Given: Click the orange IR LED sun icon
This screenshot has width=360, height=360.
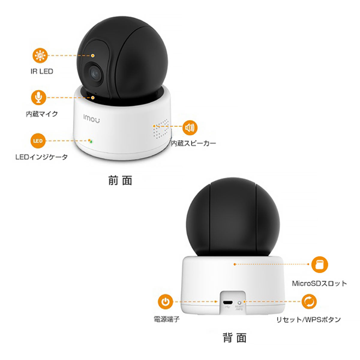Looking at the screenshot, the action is click(x=40, y=55).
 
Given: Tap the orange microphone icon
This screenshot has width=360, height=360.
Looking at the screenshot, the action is click(x=38, y=97).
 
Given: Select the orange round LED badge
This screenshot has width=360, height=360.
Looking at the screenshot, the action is click(x=38, y=141).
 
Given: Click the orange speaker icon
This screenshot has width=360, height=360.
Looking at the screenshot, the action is click(x=190, y=128).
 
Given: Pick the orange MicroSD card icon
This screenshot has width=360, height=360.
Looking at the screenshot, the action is click(x=319, y=264).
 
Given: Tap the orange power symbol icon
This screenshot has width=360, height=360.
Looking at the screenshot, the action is click(x=165, y=301).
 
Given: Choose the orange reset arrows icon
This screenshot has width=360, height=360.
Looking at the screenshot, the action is click(x=309, y=301).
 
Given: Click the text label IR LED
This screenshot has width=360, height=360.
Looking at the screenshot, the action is click(x=42, y=71).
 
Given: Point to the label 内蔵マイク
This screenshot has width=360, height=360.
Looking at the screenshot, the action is click(x=42, y=114).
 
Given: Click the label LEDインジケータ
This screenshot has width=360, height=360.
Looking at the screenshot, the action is click(x=41, y=157).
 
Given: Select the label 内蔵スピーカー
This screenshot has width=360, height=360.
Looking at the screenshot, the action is click(x=193, y=143).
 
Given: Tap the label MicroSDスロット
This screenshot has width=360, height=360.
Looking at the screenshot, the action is click(x=319, y=283).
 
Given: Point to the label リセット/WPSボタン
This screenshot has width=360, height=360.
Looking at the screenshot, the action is click(x=309, y=319).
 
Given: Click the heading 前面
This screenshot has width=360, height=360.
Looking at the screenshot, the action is click(x=120, y=180).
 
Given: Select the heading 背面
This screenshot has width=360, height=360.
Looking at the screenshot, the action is click(x=235, y=337).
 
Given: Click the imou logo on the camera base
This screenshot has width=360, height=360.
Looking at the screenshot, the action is click(x=91, y=118).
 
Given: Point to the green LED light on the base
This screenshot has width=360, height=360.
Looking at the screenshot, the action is click(x=91, y=142).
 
